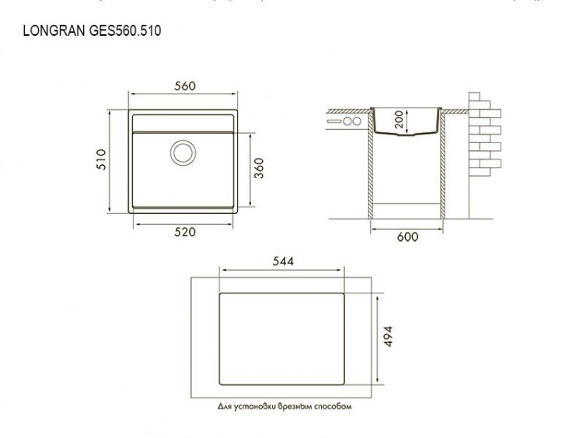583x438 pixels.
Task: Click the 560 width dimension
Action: click(184, 86)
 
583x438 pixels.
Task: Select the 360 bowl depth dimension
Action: click(260, 169)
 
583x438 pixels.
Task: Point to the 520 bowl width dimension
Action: click(184, 232)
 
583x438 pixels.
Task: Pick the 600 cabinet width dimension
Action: click(407, 237)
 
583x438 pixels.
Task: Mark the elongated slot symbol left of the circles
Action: click(335, 122)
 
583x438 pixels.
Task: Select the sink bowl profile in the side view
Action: click(407, 126)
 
